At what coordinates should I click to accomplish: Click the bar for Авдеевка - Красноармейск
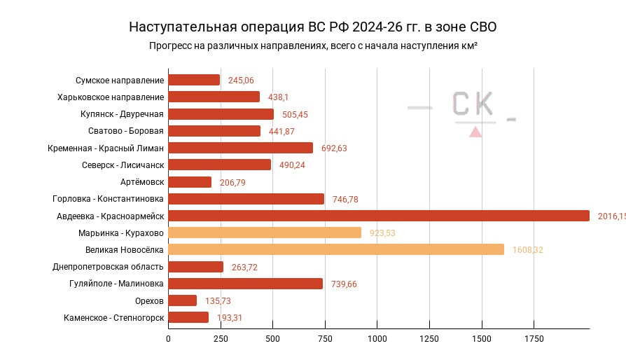click(x=378, y=216)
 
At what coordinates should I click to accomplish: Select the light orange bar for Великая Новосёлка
click(x=336, y=249)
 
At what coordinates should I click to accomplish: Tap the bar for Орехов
click(x=183, y=300)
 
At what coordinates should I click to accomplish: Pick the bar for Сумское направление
click(x=194, y=81)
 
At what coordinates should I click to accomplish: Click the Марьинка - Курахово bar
click(x=265, y=233)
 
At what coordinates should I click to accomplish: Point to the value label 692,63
click(x=334, y=148)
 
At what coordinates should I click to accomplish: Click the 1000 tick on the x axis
click(x=377, y=339)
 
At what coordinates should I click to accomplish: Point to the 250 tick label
click(x=221, y=339)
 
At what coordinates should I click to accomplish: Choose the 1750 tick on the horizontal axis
click(x=534, y=339)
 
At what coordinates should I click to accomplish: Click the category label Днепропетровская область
click(x=109, y=267)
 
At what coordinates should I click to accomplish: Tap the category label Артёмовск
click(x=142, y=182)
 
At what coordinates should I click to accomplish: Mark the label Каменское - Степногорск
click(x=113, y=317)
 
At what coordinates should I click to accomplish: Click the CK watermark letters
click(x=472, y=105)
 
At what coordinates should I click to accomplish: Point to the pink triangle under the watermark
click(x=475, y=131)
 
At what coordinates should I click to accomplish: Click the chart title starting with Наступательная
click(x=312, y=27)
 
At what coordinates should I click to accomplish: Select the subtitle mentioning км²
click(x=313, y=46)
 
